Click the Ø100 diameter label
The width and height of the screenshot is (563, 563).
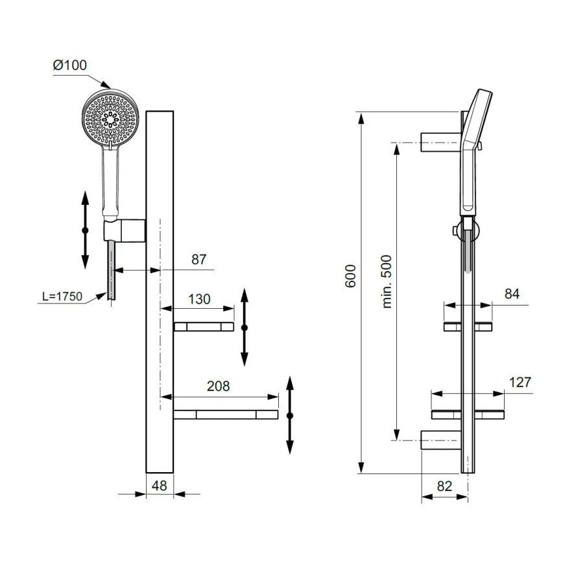pyautogui.click(x=69, y=66)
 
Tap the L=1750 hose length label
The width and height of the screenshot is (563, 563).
pyautogui.click(x=62, y=296)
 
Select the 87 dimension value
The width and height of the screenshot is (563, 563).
pyautogui.click(x=198, y=259)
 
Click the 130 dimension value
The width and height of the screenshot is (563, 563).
pyautogui.click(x=199, y=299)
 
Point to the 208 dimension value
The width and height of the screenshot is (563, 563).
pyautogui.click(x=218, y=386)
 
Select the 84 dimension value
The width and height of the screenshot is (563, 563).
pyautogui.click(x=512, y=294)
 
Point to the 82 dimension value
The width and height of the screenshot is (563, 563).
pyautogui.click(x=444, y=485)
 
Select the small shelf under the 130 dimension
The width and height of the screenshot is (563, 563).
pyautogui.click(x=203, y=326)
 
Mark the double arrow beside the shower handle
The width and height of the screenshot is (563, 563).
pyautogui.click(x=85, y=230)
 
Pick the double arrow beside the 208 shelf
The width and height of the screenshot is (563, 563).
pyautogui.click(x=290, y=415)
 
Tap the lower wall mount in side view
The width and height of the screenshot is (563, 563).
pyautogui.click(x=441, y=440)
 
